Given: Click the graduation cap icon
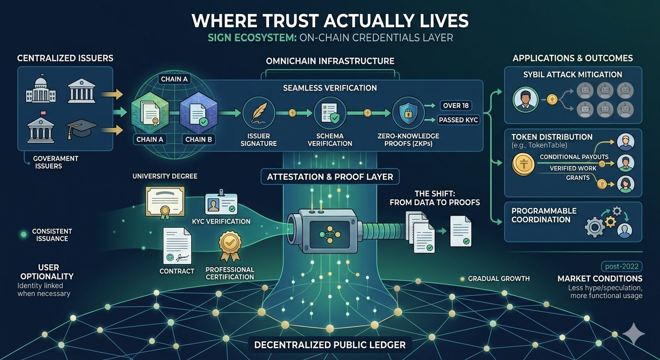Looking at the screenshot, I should pyautogui.click(x=82, y=127).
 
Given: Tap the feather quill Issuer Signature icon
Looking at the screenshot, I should pyautogui.click(x=259, y=113).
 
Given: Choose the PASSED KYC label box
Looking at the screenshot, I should pyautogui.click(x=458, y=120).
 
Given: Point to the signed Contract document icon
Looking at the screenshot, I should pyautogui.click(x=176, y=246).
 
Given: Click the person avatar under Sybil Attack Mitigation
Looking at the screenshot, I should pyautogui.click(x=525, y=99).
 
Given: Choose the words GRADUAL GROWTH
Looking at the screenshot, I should pyautogui.click(x=499, y=279).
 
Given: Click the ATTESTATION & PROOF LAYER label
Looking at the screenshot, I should pyautogui.click(x=330, y=177).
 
